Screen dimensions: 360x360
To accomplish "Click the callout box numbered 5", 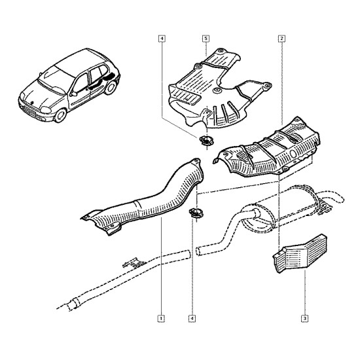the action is (206, 39).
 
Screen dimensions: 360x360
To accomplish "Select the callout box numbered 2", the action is (281, 39).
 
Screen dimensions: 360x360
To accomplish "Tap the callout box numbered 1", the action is (161, 319).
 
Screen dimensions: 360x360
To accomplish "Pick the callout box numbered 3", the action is (304, 319).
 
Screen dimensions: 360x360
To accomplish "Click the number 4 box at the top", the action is (162, 39).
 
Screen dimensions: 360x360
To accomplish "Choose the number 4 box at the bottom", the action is (192, 319).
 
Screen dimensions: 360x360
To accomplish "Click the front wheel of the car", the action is (60, 115).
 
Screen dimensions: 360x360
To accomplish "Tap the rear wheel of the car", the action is (111, 88).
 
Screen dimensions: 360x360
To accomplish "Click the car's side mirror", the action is (74, 94).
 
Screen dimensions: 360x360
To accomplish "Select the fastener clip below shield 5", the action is (206, 141).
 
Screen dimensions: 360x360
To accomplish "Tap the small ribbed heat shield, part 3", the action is (300, 254).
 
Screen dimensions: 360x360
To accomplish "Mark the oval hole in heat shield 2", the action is (293, 154).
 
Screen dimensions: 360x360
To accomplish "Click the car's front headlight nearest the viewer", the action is (46, 110).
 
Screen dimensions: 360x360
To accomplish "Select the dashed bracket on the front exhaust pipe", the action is (135, 263).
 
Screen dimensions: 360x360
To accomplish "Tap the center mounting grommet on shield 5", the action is (216, 90).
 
